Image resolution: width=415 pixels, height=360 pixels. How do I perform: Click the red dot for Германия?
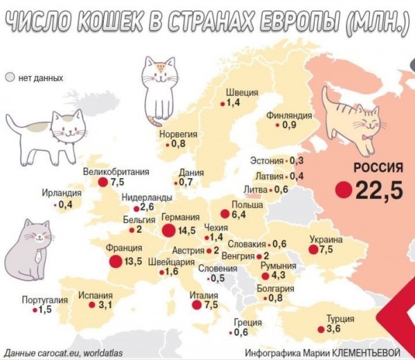click(x=169, y=229)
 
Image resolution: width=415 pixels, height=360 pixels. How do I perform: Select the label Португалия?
click(x=45, y=299)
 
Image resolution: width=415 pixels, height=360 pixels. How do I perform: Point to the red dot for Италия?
click(x=196, y=304)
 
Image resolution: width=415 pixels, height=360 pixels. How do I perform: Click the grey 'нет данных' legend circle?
click(x=10, y=78)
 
